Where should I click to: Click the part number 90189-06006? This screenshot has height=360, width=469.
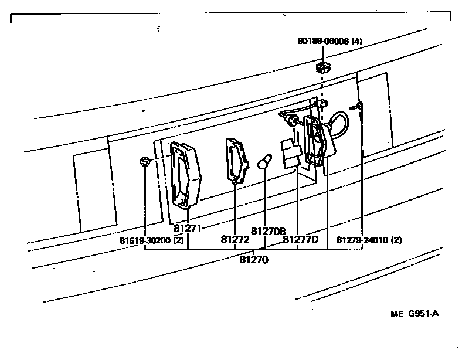point(323,41)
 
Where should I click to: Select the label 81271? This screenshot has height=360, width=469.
point(188,228)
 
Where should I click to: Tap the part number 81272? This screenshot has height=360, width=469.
point(235,239)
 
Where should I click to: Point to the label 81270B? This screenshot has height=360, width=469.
point(268,230)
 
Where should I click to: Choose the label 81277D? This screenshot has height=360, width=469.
point(300,239)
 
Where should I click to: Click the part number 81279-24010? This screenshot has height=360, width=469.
point(362,239)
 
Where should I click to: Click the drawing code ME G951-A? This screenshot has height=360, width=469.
point(414,313)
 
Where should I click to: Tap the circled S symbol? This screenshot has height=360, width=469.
point(145,161)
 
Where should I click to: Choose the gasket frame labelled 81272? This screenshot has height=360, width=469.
point(237,161)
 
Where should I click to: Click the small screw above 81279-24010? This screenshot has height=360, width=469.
point(358,107)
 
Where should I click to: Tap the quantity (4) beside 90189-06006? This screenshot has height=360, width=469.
point(357,41)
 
